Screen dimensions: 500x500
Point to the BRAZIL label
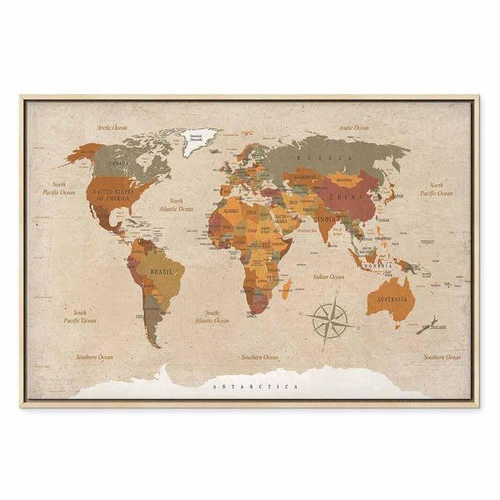coord(160,272)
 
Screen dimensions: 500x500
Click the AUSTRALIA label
coord(393,298)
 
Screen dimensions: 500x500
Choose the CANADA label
coord(119,162)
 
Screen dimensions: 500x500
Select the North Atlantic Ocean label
coord(181,205)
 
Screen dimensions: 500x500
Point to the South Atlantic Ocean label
coord(212,316)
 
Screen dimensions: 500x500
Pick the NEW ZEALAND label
coord(435,327)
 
